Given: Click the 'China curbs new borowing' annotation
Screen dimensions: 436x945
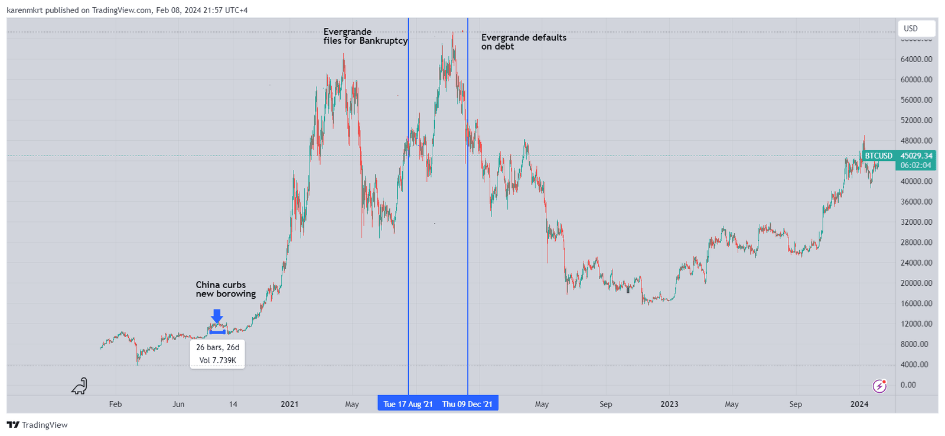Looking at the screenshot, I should coord(226,289).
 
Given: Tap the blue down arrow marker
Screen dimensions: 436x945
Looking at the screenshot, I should coord(217,316).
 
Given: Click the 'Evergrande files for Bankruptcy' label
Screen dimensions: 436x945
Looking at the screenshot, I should coord(365,36).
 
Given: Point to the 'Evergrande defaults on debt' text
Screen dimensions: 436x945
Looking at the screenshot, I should coord(523,41).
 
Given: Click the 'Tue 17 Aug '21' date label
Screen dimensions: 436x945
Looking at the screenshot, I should coord(408,404).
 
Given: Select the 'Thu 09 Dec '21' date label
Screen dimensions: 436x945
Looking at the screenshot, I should coord(467,404).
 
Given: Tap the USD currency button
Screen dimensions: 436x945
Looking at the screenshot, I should coord(915,28).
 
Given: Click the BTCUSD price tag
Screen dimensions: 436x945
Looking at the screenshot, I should coord(878,156).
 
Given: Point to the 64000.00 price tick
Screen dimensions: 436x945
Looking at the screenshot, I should coord(916,59).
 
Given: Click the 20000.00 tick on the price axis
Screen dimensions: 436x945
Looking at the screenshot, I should coord(916,283).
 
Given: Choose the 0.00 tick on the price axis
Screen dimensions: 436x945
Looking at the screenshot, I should coord(908,385).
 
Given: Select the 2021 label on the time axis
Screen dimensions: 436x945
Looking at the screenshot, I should coord(289,405).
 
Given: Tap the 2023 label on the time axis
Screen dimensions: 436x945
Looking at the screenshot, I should coord(669,405).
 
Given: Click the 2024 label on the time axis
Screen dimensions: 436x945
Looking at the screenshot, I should coord(859,405).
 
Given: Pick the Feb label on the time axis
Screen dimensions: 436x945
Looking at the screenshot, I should coord(115,405).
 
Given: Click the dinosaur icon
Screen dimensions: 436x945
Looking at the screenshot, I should coord(79,386).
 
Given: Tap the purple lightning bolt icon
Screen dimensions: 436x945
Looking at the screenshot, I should coord(879,386).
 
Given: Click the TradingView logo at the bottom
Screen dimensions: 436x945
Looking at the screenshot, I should coord(37,425).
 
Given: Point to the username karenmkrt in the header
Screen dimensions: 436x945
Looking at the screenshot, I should coord(25,10).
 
